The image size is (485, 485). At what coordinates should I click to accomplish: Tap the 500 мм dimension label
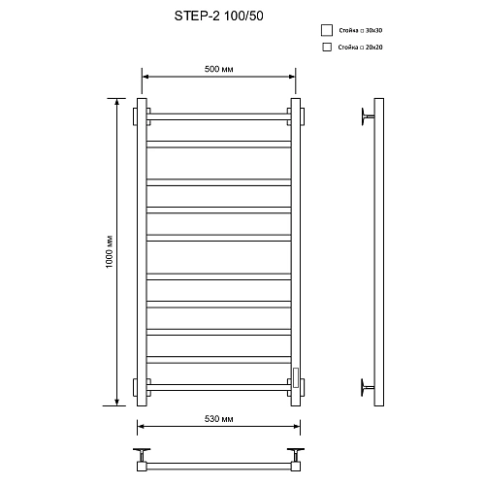(218, 70)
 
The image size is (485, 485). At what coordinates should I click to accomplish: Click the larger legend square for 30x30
(327, 30)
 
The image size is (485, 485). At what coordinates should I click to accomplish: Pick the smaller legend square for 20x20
(326, 47)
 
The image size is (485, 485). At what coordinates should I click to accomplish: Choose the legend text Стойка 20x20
(361, 47)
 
